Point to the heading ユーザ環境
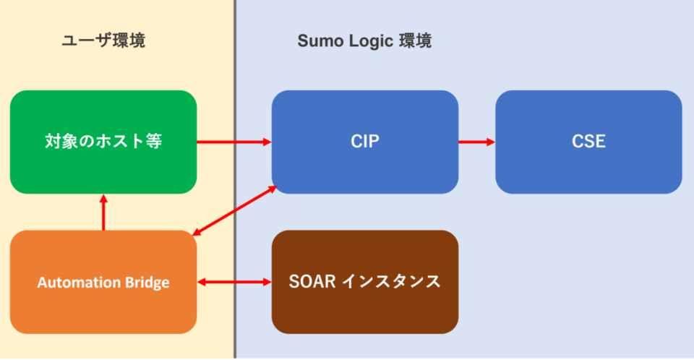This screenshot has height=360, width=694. (x=103, y=40)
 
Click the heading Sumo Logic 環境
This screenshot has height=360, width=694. (x=364, y=40)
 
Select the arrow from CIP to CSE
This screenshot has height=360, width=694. (x=476, y=142)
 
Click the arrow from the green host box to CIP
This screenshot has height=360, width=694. (x=234, y=142)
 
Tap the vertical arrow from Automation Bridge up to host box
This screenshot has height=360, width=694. (x=103, y=213)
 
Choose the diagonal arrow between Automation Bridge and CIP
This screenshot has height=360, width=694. (x=235, y=210)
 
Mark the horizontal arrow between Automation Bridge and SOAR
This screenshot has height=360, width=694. (x=234, y=281)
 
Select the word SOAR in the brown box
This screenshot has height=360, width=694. (x=312, y=281)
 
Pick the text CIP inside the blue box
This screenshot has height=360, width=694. (x=364, y=142)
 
